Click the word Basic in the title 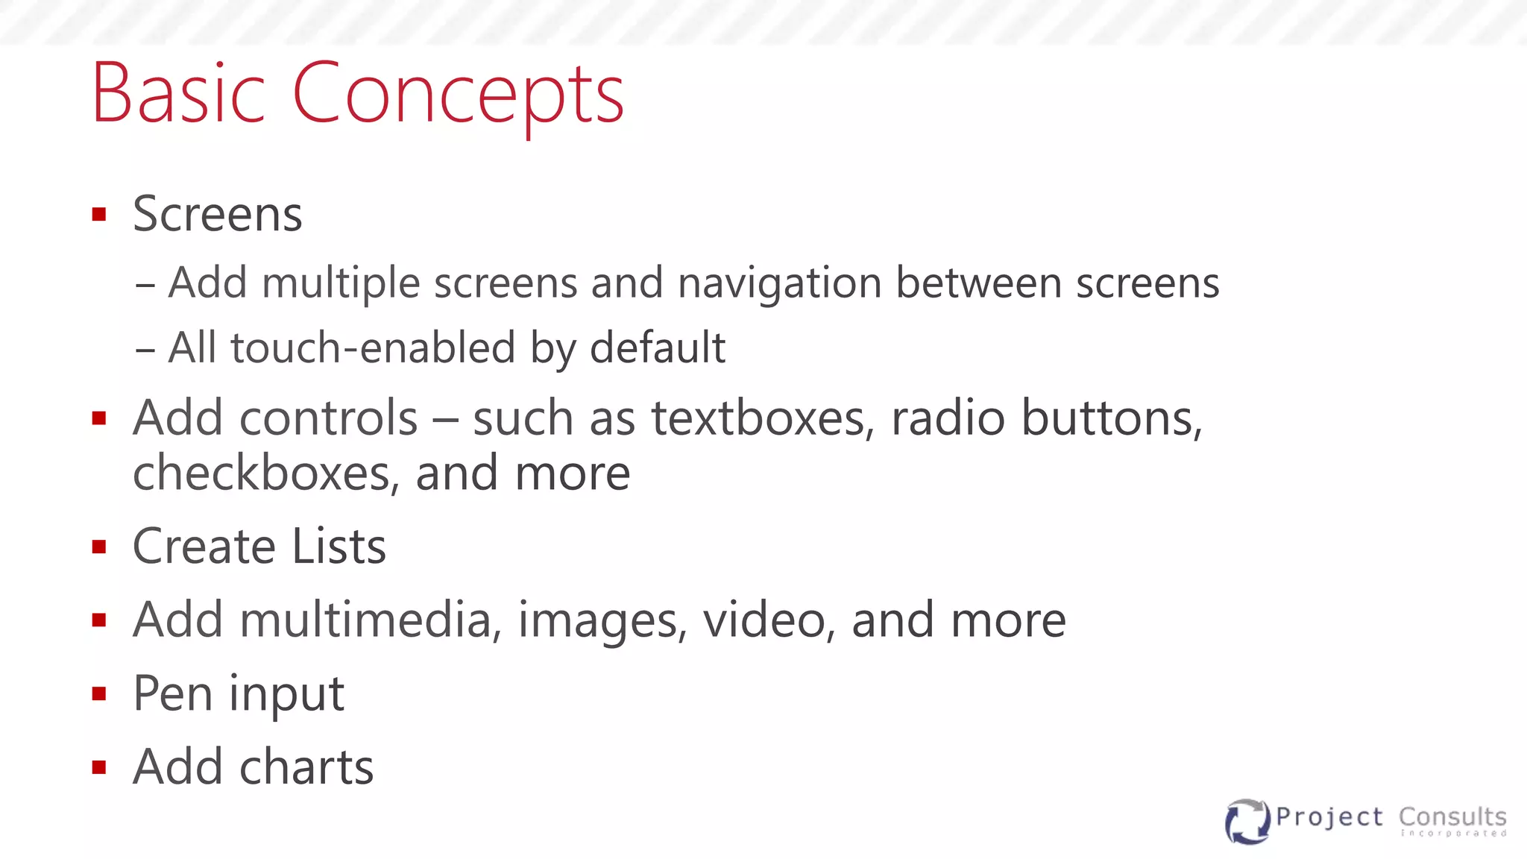[x=177, y=94]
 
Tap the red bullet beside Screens [x=99, y=215]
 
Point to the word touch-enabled [x=373, y=348]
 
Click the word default [x=657, y=348]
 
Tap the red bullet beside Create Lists [x=99, y=547]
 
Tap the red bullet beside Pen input [x=99, y=694]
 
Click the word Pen [x=172, y=693]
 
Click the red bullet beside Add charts [x=99, y=767]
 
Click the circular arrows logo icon [x=1247, y=821]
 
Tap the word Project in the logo [x=1329, y=818]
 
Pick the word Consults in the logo [x=1452, y=816]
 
